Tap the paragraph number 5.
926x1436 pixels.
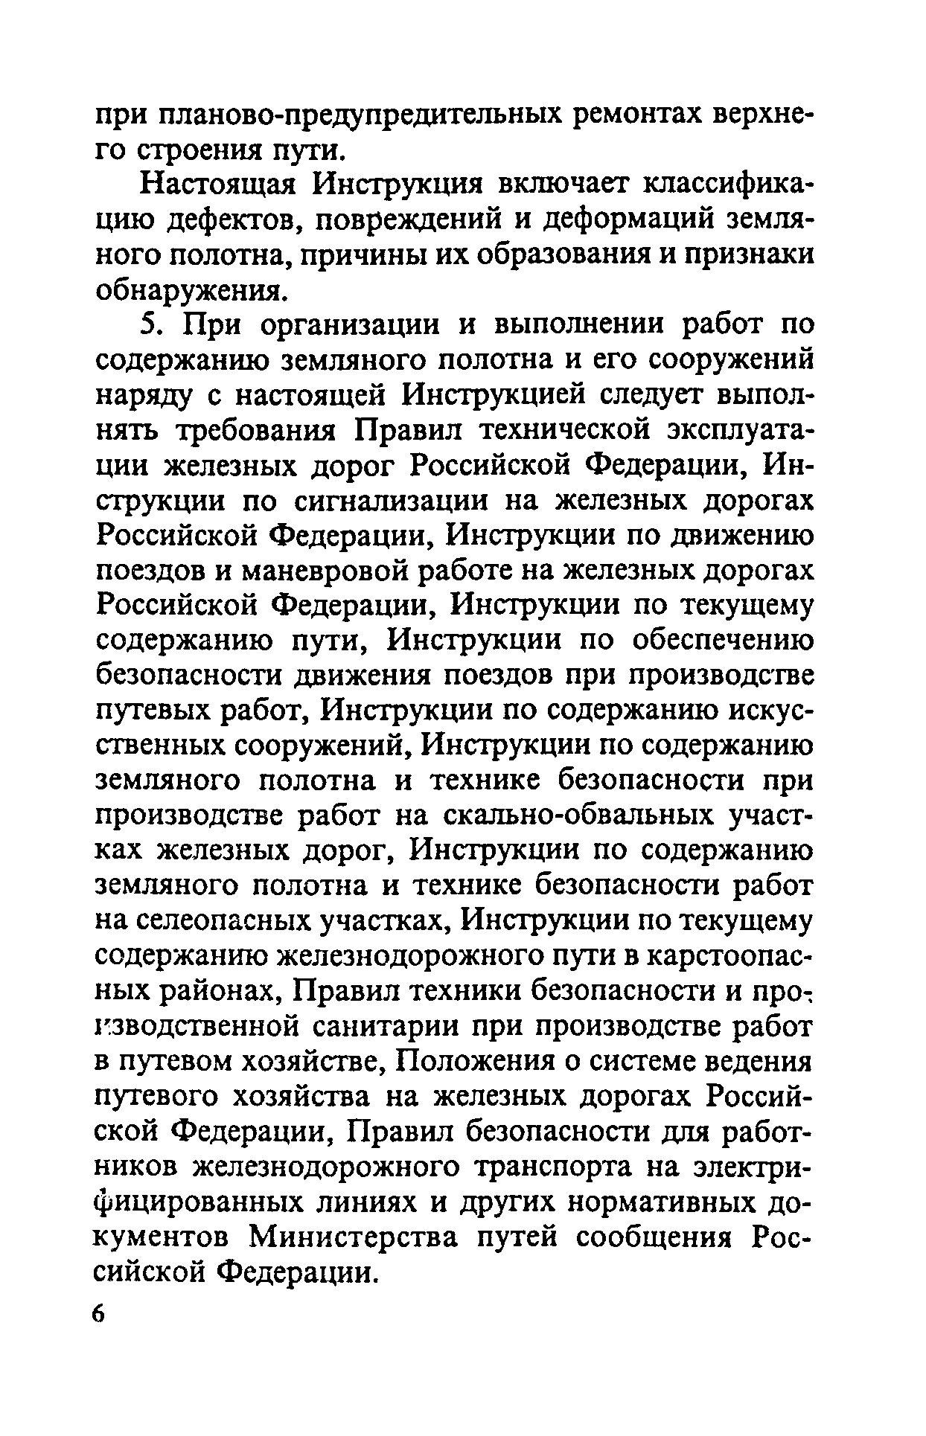point(150,326)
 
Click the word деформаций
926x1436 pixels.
point(621,220)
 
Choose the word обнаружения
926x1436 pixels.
point(191,290)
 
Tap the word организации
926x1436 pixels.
point(350,326)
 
